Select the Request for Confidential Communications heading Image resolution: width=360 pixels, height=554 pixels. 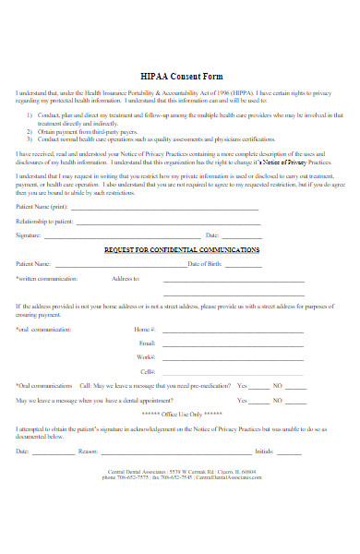pos(181,250)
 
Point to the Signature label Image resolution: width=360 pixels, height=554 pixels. pos(30,235)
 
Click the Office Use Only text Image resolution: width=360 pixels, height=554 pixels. pos(181,415)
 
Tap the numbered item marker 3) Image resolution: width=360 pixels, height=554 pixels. pos(30,138)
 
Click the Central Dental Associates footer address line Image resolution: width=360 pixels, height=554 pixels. pos(181,472)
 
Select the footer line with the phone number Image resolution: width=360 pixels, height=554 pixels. pos(181,478)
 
